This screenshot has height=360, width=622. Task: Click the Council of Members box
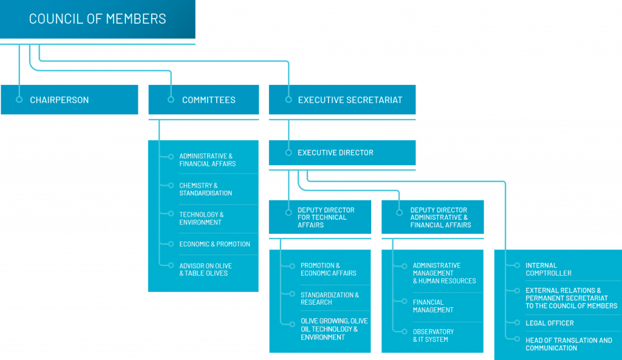click(97, 19)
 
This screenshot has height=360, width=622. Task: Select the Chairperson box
click(69, 100)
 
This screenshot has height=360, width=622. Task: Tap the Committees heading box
click(203, 100)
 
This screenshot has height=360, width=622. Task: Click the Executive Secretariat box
click(342, 100)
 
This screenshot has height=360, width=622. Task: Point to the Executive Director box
click(342, 153)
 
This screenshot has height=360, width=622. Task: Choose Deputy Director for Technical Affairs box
click(320, 217)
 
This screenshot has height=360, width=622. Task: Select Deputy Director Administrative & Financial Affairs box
click(433, 217)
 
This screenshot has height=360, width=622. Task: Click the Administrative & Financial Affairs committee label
click(207, 160)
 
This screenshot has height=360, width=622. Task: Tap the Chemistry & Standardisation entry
click(205, 189)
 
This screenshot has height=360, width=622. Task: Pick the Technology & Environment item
click(201, 218)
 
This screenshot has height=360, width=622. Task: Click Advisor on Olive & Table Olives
click(205, 269)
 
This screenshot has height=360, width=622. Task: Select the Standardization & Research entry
click(329, 298)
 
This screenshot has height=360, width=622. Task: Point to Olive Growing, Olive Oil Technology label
click(334, 328)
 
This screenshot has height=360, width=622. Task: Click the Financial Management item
click(433, 305)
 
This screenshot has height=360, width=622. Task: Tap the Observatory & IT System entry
click(433, 335)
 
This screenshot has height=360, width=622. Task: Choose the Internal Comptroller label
click(549, 269)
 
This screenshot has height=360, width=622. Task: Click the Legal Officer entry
click(549, 323)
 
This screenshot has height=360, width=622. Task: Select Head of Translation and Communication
click(569, 344)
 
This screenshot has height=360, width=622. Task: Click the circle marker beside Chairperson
click(19, 100)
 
